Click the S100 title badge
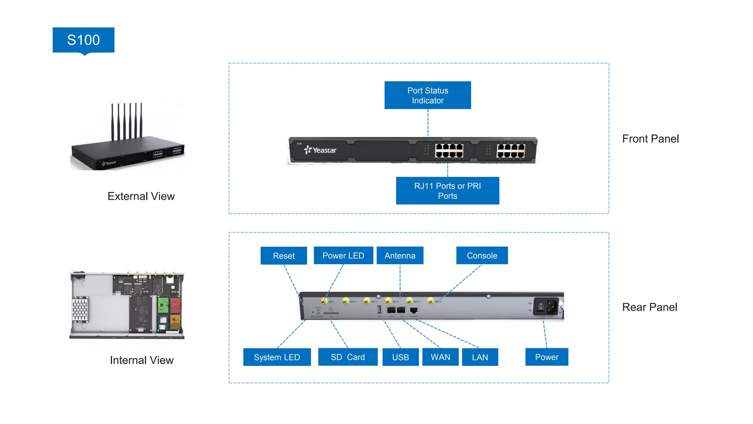(83, 40)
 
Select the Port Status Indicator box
(428, 95)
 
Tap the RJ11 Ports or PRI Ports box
(447, 191)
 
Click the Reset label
(283, 255)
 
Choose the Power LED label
(343, 255)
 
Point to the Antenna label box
(400, 255)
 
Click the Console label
(482, 255)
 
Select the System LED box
(277, 357)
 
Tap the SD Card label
(347, 357)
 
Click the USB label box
(400, 357)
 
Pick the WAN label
(440, 357)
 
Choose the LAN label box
(480, 357)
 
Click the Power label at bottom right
(546, 357)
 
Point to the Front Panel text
(650, 139)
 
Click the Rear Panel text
(649, 307)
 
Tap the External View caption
(141, 196)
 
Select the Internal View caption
(142, 360)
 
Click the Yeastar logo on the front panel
(320, 150)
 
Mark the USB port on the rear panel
(379, 310)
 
